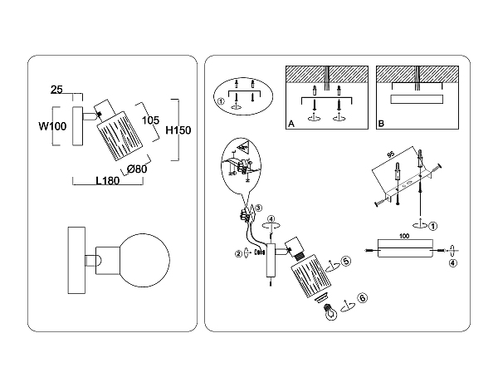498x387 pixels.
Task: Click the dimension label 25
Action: [57, 89]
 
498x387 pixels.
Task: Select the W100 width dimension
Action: [52, 127]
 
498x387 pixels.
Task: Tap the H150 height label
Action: [178, 130]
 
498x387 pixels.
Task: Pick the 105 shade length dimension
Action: [150, 120]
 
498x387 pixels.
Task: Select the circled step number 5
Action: [346, 261]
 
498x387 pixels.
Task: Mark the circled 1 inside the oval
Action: [221, 103]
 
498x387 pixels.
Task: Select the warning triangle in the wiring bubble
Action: [245, 147]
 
